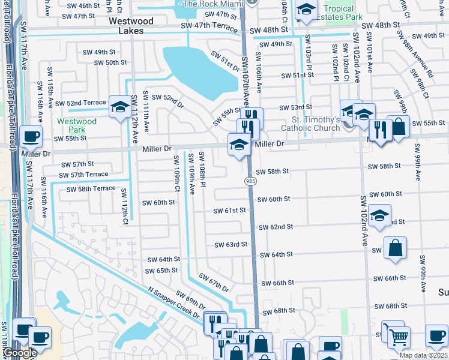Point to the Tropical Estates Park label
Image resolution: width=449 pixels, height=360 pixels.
tap(343, 13)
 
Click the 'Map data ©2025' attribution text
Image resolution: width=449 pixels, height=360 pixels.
tap(423, 355)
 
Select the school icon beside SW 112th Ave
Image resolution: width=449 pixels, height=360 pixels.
tap(120, 107)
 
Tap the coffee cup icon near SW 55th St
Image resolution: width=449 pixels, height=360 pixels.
tap(31, 136)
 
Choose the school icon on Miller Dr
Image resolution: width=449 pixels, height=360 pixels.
tap(239, 145)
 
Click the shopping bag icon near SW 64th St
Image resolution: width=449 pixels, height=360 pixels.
tap(395, 248)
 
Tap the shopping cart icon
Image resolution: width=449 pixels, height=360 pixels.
tap(397, 337)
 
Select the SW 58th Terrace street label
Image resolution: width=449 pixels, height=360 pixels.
tap(87, 188)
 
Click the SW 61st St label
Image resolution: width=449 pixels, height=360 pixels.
tap(230, 211)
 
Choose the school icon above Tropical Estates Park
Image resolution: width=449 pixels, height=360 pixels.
tap(306, 10)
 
